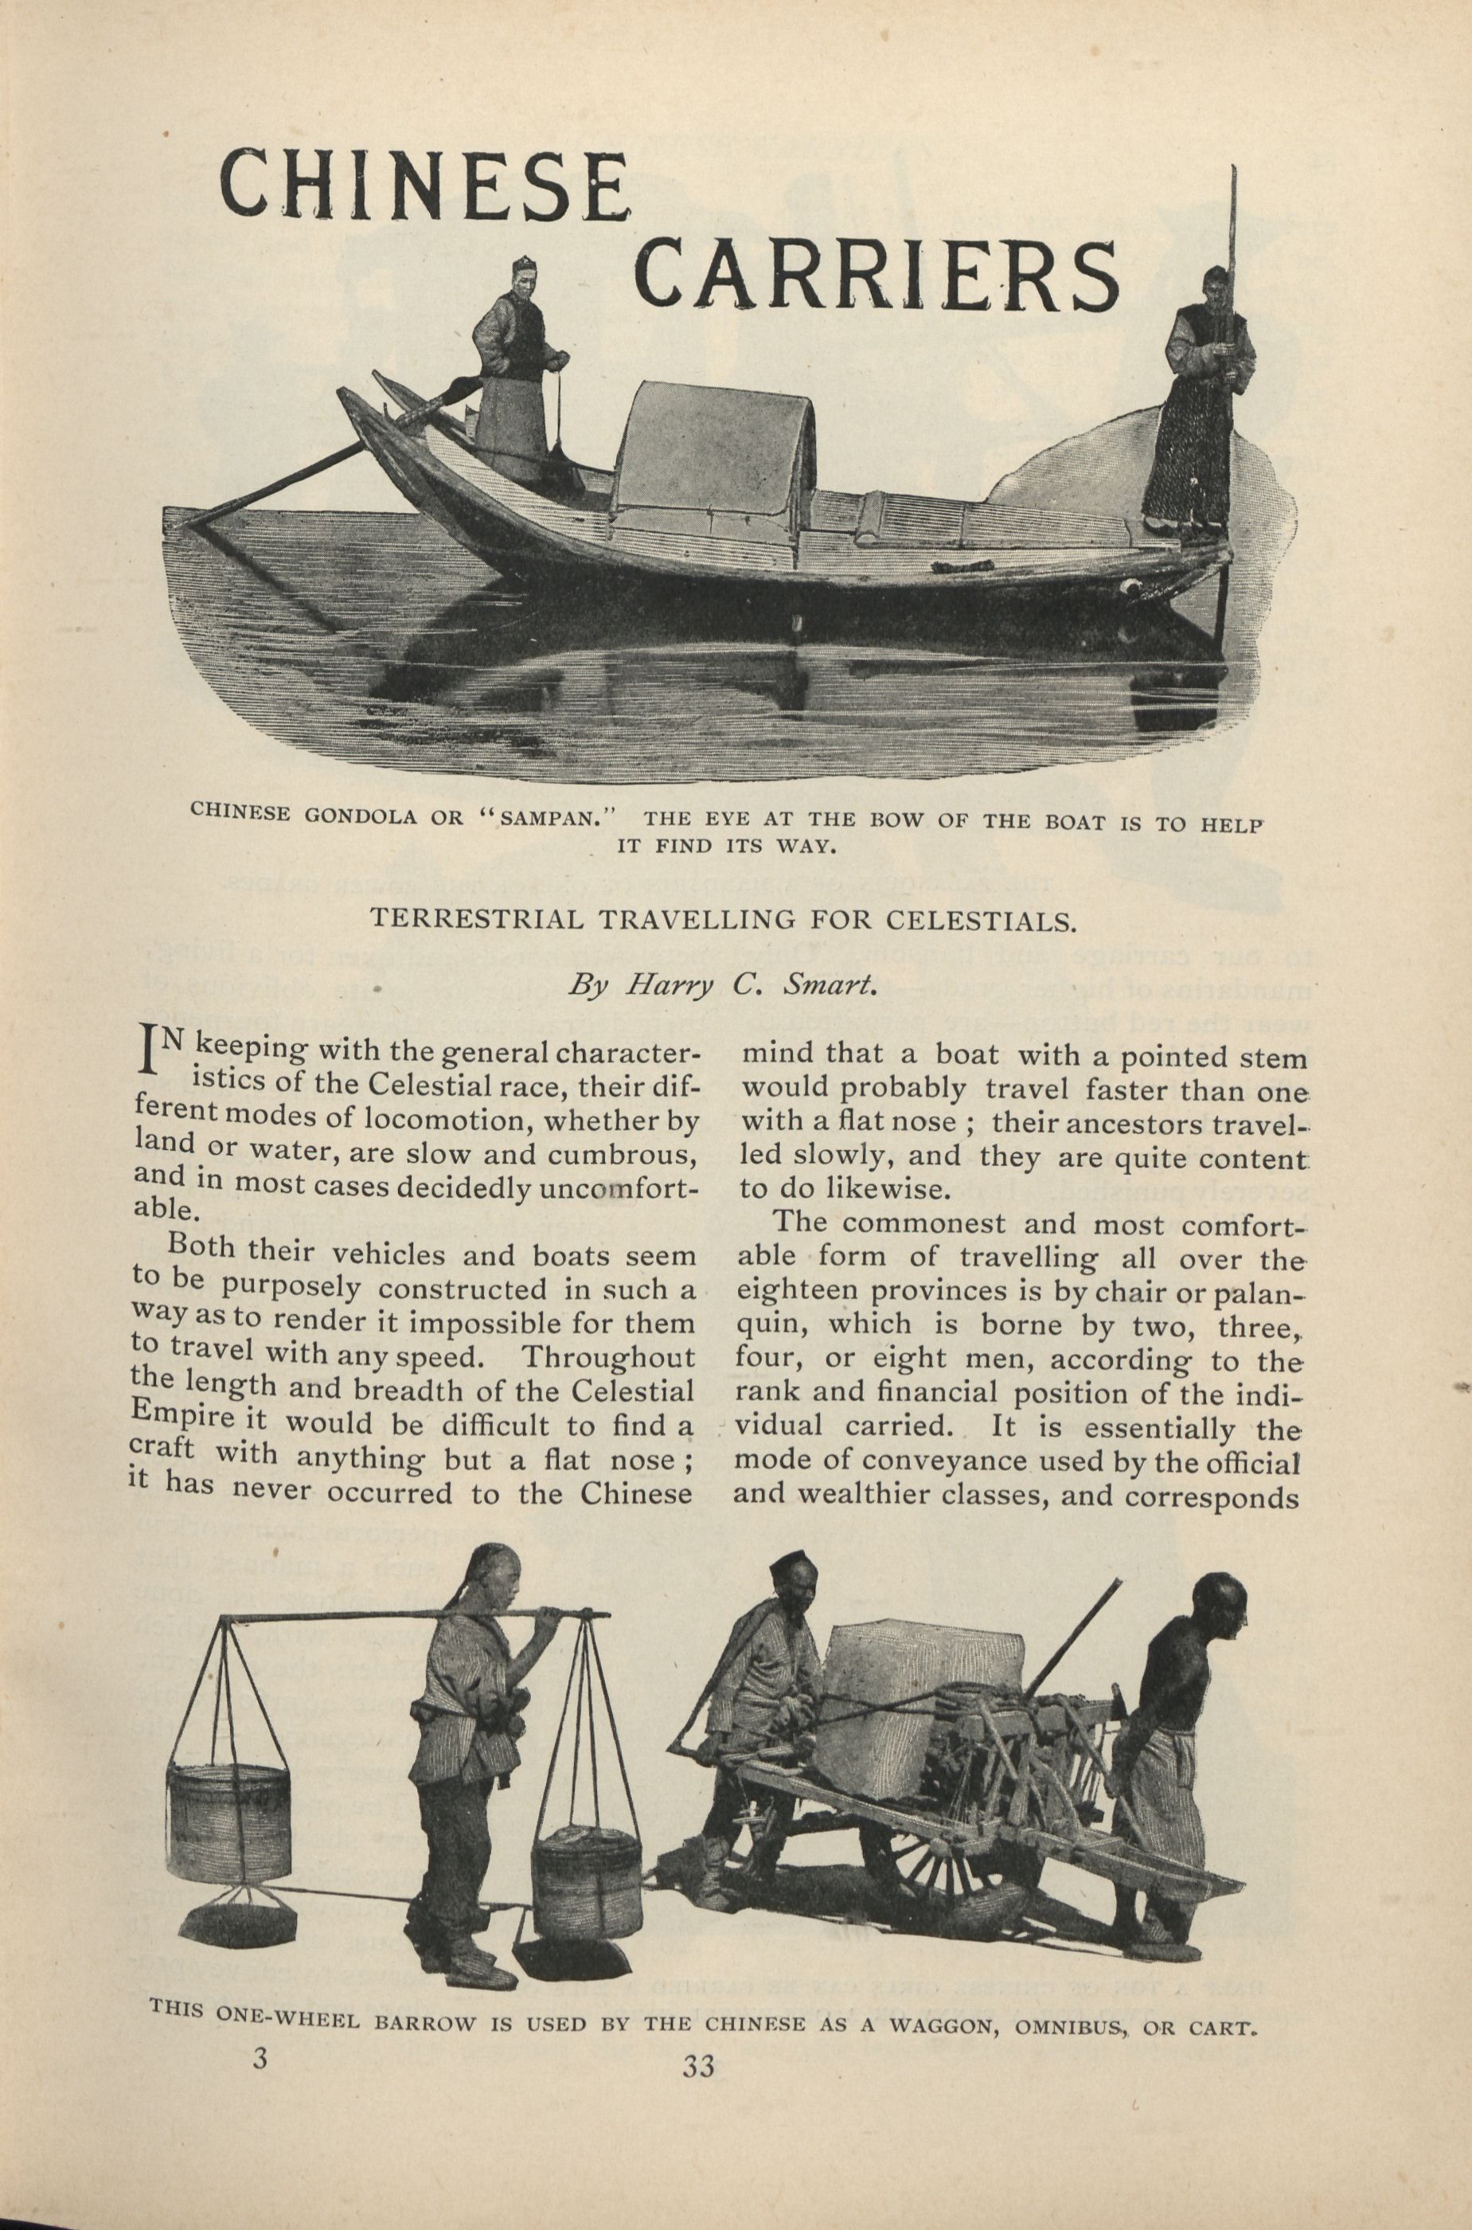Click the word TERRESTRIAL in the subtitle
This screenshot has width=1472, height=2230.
(x=467, y=917)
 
